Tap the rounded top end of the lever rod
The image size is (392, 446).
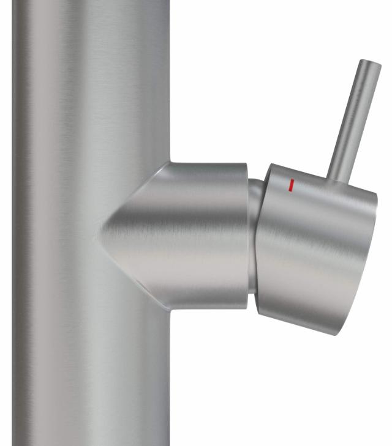point(371,64)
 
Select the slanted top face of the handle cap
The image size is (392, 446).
point(318,180)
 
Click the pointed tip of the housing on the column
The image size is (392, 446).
point(96,236)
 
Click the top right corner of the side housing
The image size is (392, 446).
point(246,165)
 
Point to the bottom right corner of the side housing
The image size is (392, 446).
point(247,306)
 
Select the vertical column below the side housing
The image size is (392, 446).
point(92,379)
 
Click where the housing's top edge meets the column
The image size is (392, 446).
point(170,163)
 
